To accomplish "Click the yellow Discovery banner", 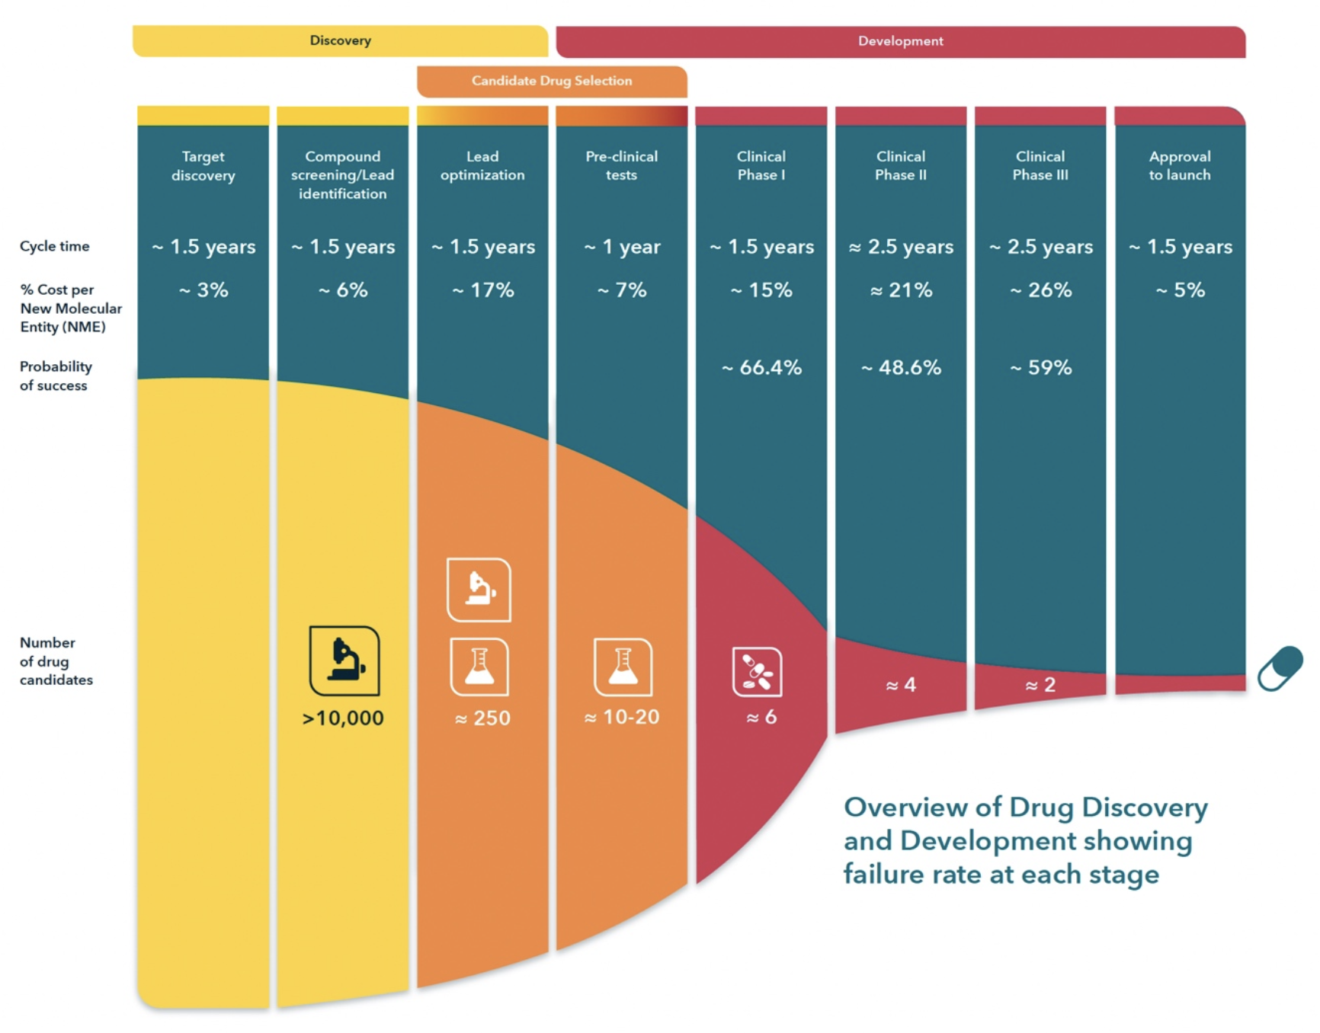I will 340,41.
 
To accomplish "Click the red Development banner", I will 900,41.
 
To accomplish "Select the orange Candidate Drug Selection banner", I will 552,81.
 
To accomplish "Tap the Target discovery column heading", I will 203,166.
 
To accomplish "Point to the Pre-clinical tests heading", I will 621,166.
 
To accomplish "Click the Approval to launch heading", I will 1179,166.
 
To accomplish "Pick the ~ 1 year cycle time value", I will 622,247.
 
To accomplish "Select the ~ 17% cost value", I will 483,290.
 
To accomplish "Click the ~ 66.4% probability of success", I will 761,368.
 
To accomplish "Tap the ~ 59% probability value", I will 1040,368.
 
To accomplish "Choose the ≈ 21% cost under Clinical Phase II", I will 901,290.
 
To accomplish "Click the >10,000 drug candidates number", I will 343,718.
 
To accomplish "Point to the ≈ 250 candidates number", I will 482,718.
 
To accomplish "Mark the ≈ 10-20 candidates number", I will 622,718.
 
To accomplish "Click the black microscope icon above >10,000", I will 344,660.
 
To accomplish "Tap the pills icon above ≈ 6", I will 757,672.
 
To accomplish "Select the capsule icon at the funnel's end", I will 1280,668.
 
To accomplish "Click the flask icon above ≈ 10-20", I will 623,667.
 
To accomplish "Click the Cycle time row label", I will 54,246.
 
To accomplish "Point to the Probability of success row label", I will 55,376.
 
